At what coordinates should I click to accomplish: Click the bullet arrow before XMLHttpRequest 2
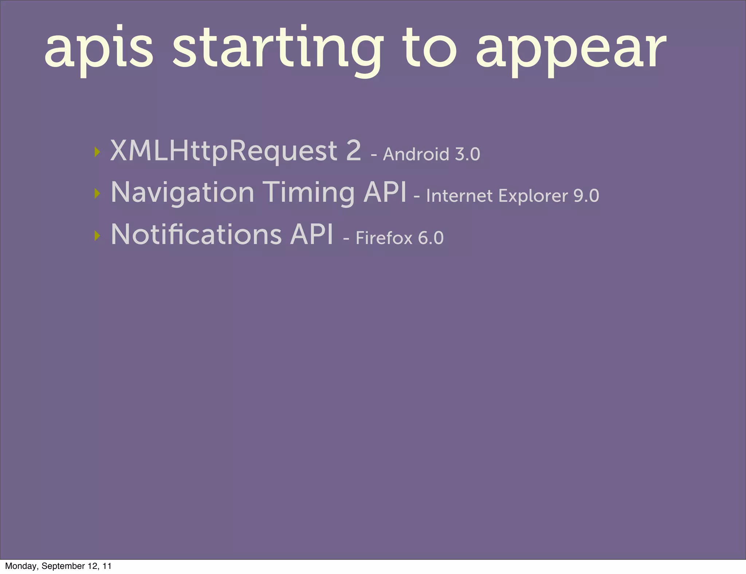97,152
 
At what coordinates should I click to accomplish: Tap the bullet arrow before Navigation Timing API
97,193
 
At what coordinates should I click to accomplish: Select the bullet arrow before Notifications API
97,236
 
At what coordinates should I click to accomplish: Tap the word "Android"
416,154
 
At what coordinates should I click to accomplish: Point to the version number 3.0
468,154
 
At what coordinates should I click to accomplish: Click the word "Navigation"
182,193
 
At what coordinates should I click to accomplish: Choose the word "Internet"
459,196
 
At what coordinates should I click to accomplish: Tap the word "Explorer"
533,196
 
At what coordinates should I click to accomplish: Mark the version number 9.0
586,196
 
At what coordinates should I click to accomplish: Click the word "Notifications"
196,234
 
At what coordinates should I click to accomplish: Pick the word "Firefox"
384,238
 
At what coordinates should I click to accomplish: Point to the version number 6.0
431,238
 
